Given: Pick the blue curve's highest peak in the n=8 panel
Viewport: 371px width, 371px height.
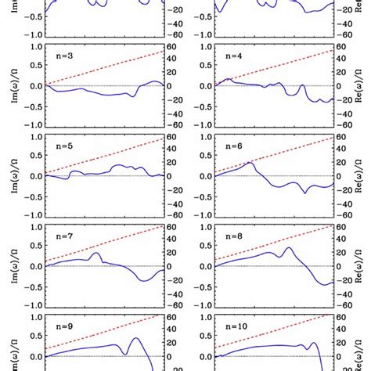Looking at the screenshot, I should coord(288,248).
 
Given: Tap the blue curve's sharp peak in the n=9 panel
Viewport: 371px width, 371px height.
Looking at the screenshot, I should coord(135,338).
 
